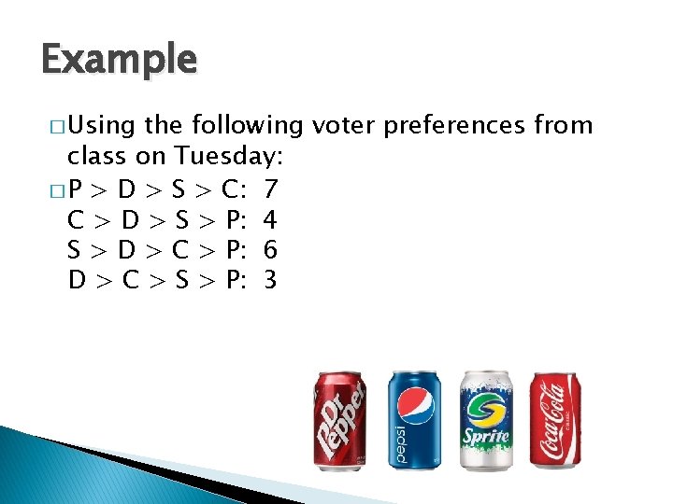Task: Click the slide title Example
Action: tap(120, 60)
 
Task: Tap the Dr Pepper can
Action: tap(338, 420)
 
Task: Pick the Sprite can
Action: tap(485, 420)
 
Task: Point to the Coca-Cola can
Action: tap(555, 420)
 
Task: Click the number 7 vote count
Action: tap(270, 190)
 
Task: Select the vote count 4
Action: tap(270, 220)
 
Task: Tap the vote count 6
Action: tap(270, 250)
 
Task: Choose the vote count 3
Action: tap(270, 280)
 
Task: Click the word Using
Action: tap(100, 126)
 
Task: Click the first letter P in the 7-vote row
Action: tap(77, 190)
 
